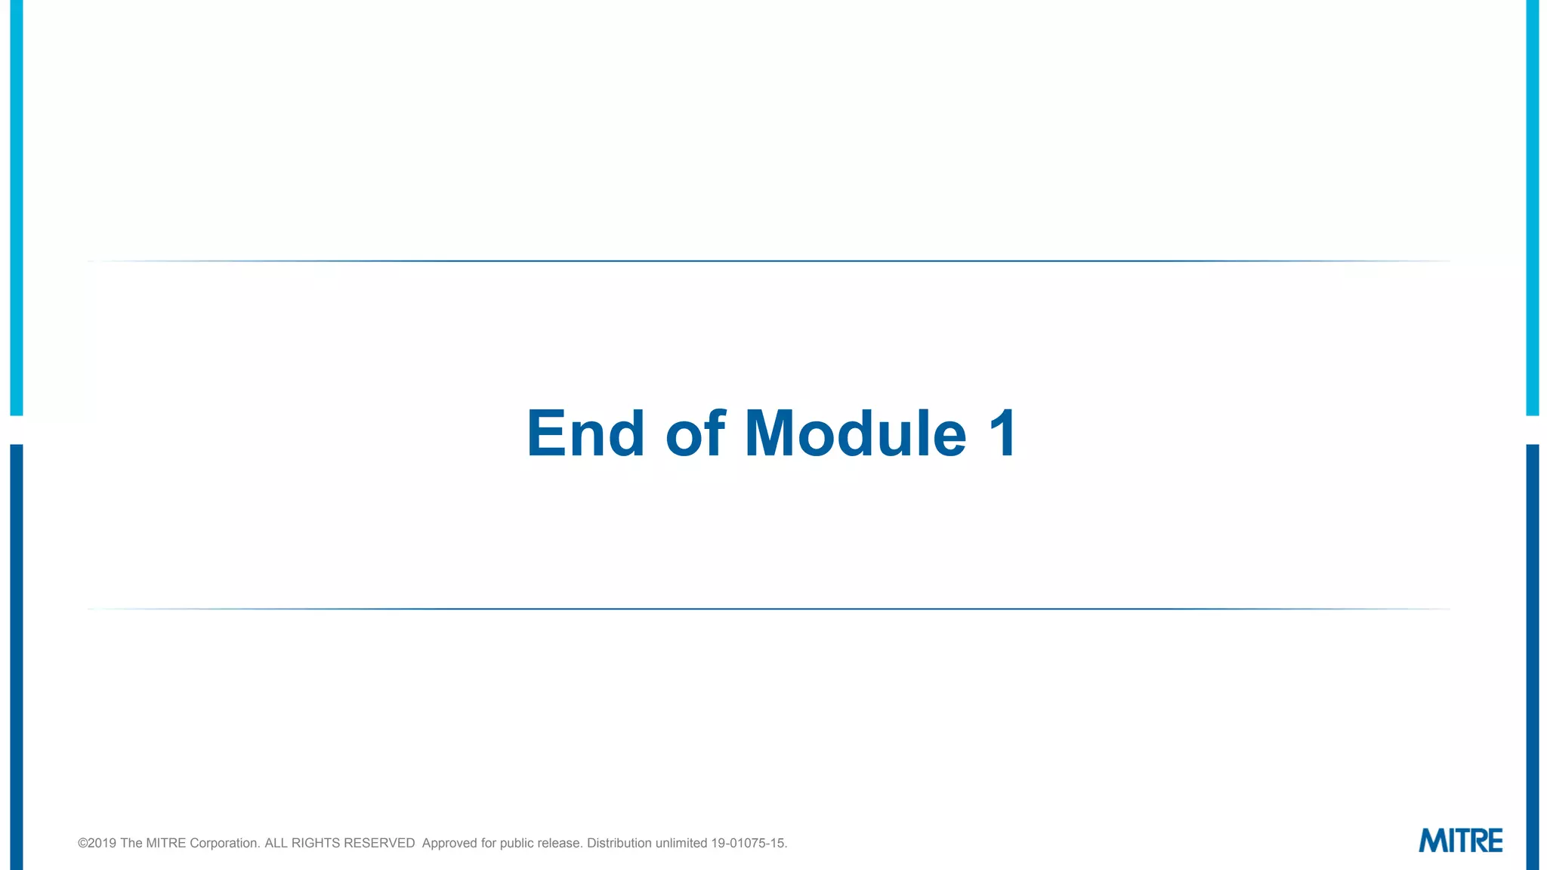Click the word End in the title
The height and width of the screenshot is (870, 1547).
(585, 433)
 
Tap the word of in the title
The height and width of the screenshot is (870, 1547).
(695, 433)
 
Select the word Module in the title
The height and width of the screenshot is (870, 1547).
(855, 433)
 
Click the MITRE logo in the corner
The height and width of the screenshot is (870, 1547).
(1460, 841)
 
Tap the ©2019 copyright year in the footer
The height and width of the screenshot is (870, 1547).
(97, 843)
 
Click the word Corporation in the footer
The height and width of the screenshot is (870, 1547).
(224, 843)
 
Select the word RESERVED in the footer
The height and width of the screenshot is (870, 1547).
(379, 843)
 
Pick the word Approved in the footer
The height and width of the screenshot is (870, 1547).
(449, 843)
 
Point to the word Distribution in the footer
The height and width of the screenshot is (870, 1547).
(619, 843)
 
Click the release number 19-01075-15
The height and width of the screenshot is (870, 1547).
(749, 843)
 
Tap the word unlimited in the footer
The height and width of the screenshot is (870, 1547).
(681, 843)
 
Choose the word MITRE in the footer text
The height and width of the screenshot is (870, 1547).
(165, 843)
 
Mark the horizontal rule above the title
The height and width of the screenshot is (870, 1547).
(769, 261)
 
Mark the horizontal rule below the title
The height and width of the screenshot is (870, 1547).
(769, 609)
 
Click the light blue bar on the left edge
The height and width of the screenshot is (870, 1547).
(17, 208)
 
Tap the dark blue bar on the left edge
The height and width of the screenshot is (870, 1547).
(17, 657)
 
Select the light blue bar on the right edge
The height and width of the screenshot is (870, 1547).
(1532, 208)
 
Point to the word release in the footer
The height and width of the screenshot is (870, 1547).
(560, 843)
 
